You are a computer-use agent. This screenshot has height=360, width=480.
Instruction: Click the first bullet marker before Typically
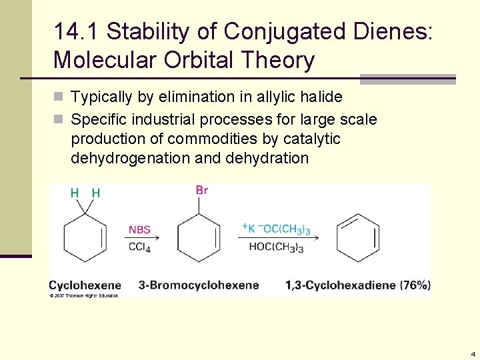coord(59,97)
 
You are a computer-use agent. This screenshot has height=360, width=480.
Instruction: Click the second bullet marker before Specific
coord(59,120)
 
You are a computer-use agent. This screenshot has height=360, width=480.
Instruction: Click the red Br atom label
coord(202,191)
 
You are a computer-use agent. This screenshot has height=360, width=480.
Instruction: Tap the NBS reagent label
coord(139,230)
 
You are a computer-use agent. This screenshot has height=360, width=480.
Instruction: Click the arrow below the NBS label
coord(143,238)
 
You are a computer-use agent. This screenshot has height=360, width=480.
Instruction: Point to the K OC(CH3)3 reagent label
coord(275,229)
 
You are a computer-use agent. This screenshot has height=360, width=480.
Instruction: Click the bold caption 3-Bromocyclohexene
coord(199,285)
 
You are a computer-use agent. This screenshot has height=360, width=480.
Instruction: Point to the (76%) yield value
coord(415,285)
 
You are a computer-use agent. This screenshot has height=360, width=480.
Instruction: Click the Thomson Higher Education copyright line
coord(83,295)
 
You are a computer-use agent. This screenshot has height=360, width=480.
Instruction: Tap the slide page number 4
coord(472,354)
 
